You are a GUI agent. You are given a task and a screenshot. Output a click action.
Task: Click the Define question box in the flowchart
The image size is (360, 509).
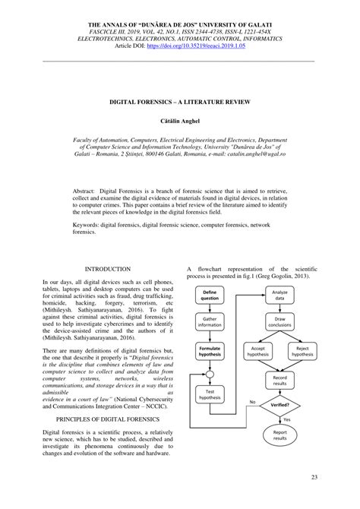210,296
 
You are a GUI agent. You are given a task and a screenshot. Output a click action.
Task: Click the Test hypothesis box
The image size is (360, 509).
210,394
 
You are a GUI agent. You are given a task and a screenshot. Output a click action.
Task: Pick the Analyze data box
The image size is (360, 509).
279,296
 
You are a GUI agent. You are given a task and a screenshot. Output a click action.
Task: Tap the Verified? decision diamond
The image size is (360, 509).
279,406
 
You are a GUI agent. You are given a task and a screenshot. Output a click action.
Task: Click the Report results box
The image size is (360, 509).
279,435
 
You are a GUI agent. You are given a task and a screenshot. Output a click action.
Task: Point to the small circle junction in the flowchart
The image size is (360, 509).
210,373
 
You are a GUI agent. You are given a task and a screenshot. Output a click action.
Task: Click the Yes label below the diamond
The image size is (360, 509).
286,419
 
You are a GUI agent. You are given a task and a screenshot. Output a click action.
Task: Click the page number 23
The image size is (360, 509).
314,476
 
